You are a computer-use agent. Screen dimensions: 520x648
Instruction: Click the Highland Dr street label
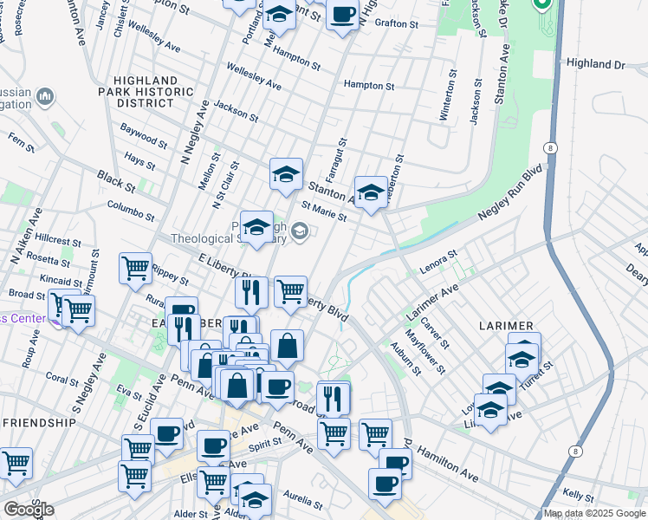pyautogui.click(x=595, y=64)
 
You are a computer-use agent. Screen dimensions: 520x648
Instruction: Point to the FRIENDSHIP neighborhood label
pyautogui.click(x=39, y=422)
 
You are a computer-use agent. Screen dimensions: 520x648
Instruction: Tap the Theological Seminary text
pyautogui.click(x=229, y=239)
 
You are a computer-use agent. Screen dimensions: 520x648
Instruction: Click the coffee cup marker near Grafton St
pyautogui.click(x=343, y=15)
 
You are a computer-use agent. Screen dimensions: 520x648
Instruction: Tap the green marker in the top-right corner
pyautogui.click(x=543, y=5)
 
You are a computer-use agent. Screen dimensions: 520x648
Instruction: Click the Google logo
pyautogui.click(x=29, y=510)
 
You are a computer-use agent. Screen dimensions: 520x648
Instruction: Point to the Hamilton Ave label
pyautogui.click(x=447, y=464)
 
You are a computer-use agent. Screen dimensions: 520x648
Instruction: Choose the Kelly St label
pyautogui.click(x=577, y=493)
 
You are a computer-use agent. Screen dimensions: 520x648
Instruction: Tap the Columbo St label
pyautogui.click(x=130, y=211)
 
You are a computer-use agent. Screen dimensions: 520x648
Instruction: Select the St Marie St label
pyautogui.click(x=324, y=211)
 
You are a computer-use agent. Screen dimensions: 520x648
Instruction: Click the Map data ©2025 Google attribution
pyautogui.click(x=595, y=513)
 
